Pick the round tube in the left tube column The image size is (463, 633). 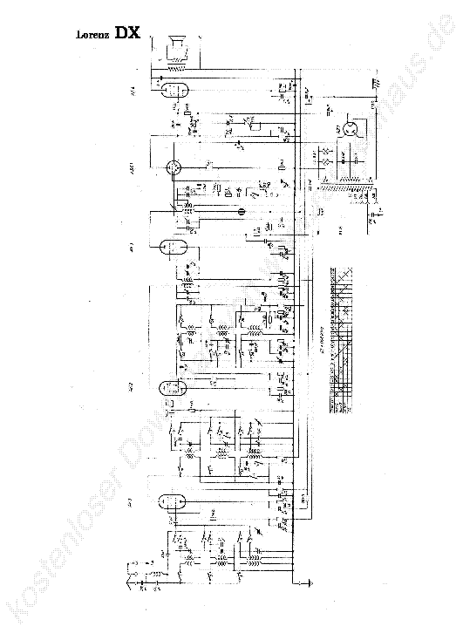[174, 167]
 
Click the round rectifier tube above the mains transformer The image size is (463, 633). [351, 128]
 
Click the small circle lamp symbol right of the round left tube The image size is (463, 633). [242, 210]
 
